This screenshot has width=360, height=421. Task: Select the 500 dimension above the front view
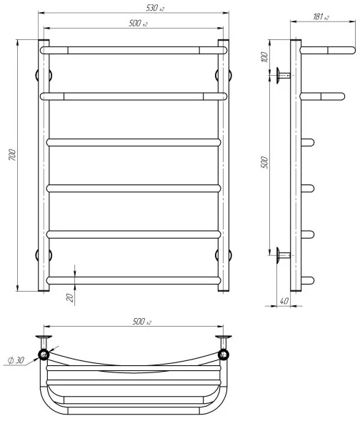coord(136,24)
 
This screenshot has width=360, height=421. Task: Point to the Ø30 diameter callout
coord(16,360)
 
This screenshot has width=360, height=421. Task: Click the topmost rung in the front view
coord(134,51)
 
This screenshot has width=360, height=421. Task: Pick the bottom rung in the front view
coord(134,280)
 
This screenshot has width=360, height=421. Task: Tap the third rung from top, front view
coord(134,142)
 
